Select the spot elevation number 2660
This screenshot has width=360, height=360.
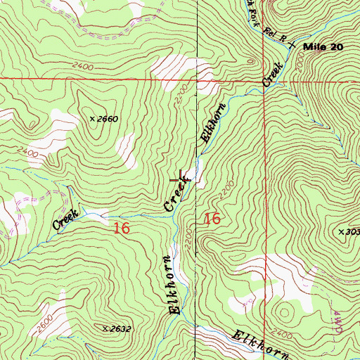[107, 119]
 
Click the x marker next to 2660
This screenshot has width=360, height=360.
[92, 119]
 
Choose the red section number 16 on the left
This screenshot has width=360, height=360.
[121, 228]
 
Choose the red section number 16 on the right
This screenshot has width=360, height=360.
[212, 219]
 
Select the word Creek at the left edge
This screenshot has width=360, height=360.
[65, 220]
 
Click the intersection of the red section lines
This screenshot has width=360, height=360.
[265, 78]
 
